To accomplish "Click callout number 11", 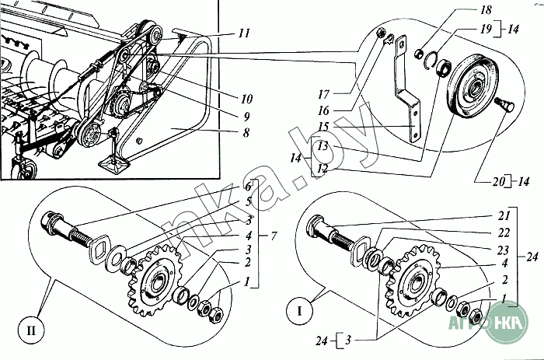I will pos(245,35).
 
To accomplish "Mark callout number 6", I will pos(248,187).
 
